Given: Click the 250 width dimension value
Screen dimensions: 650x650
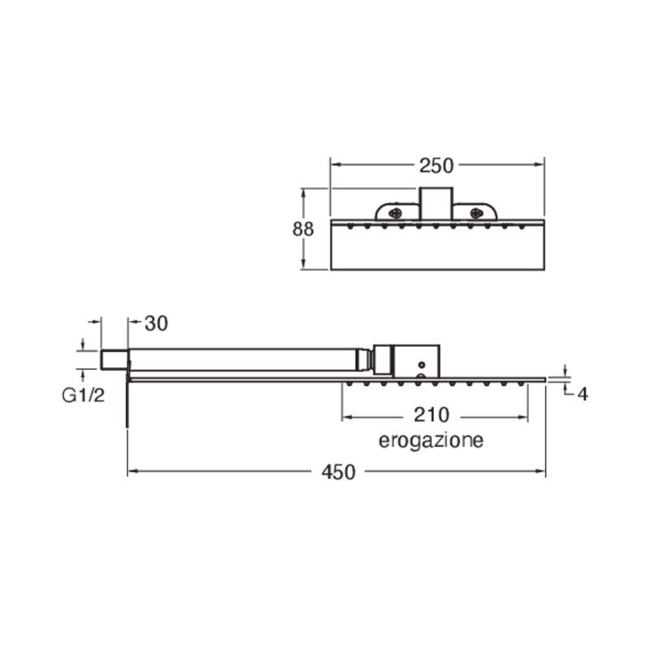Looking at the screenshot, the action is point(436,166).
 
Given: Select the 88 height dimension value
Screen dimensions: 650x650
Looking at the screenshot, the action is point(303,229).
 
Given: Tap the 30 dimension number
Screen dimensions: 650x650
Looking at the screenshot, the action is point(156,323).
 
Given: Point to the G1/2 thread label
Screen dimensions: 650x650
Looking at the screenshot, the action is point(84,396).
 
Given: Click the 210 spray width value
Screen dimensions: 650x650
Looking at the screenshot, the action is point(431,415).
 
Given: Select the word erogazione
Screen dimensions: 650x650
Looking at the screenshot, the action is point(431,440).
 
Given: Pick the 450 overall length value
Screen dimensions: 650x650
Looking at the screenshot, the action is point(338,472).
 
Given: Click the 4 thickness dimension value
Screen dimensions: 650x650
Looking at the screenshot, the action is point(583,394).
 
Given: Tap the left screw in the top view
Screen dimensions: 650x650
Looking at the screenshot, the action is point(395,214).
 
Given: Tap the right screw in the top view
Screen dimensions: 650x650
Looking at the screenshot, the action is point(477,214).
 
